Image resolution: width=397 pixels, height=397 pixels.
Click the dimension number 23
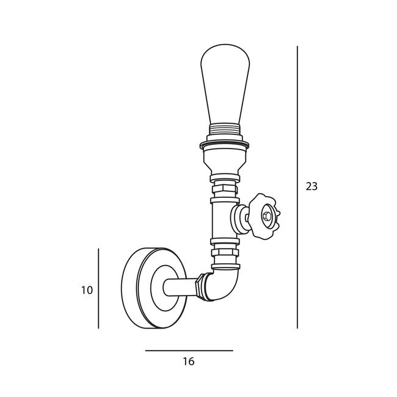pos(311,186)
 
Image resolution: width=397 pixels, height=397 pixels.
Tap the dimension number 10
pos(87,290)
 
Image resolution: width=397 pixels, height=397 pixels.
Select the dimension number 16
pos(189,362)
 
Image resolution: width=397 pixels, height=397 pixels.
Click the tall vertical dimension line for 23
pos(297,187)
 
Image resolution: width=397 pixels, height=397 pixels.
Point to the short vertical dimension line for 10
pos(98,288)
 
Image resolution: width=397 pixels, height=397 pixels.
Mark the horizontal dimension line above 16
pos(189,351)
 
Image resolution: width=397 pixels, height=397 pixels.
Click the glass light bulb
pos(225,84)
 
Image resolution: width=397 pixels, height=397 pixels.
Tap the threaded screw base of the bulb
pos(224,129)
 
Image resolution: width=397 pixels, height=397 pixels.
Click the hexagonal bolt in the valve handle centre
pos(267,216)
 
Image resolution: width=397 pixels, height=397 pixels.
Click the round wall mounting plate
pos(155,288)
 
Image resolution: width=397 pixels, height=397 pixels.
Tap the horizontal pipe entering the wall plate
pos(180,288)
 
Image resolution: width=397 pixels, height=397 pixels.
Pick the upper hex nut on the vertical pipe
pos(225,189)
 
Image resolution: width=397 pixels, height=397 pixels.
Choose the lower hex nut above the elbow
pos(225,252)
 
